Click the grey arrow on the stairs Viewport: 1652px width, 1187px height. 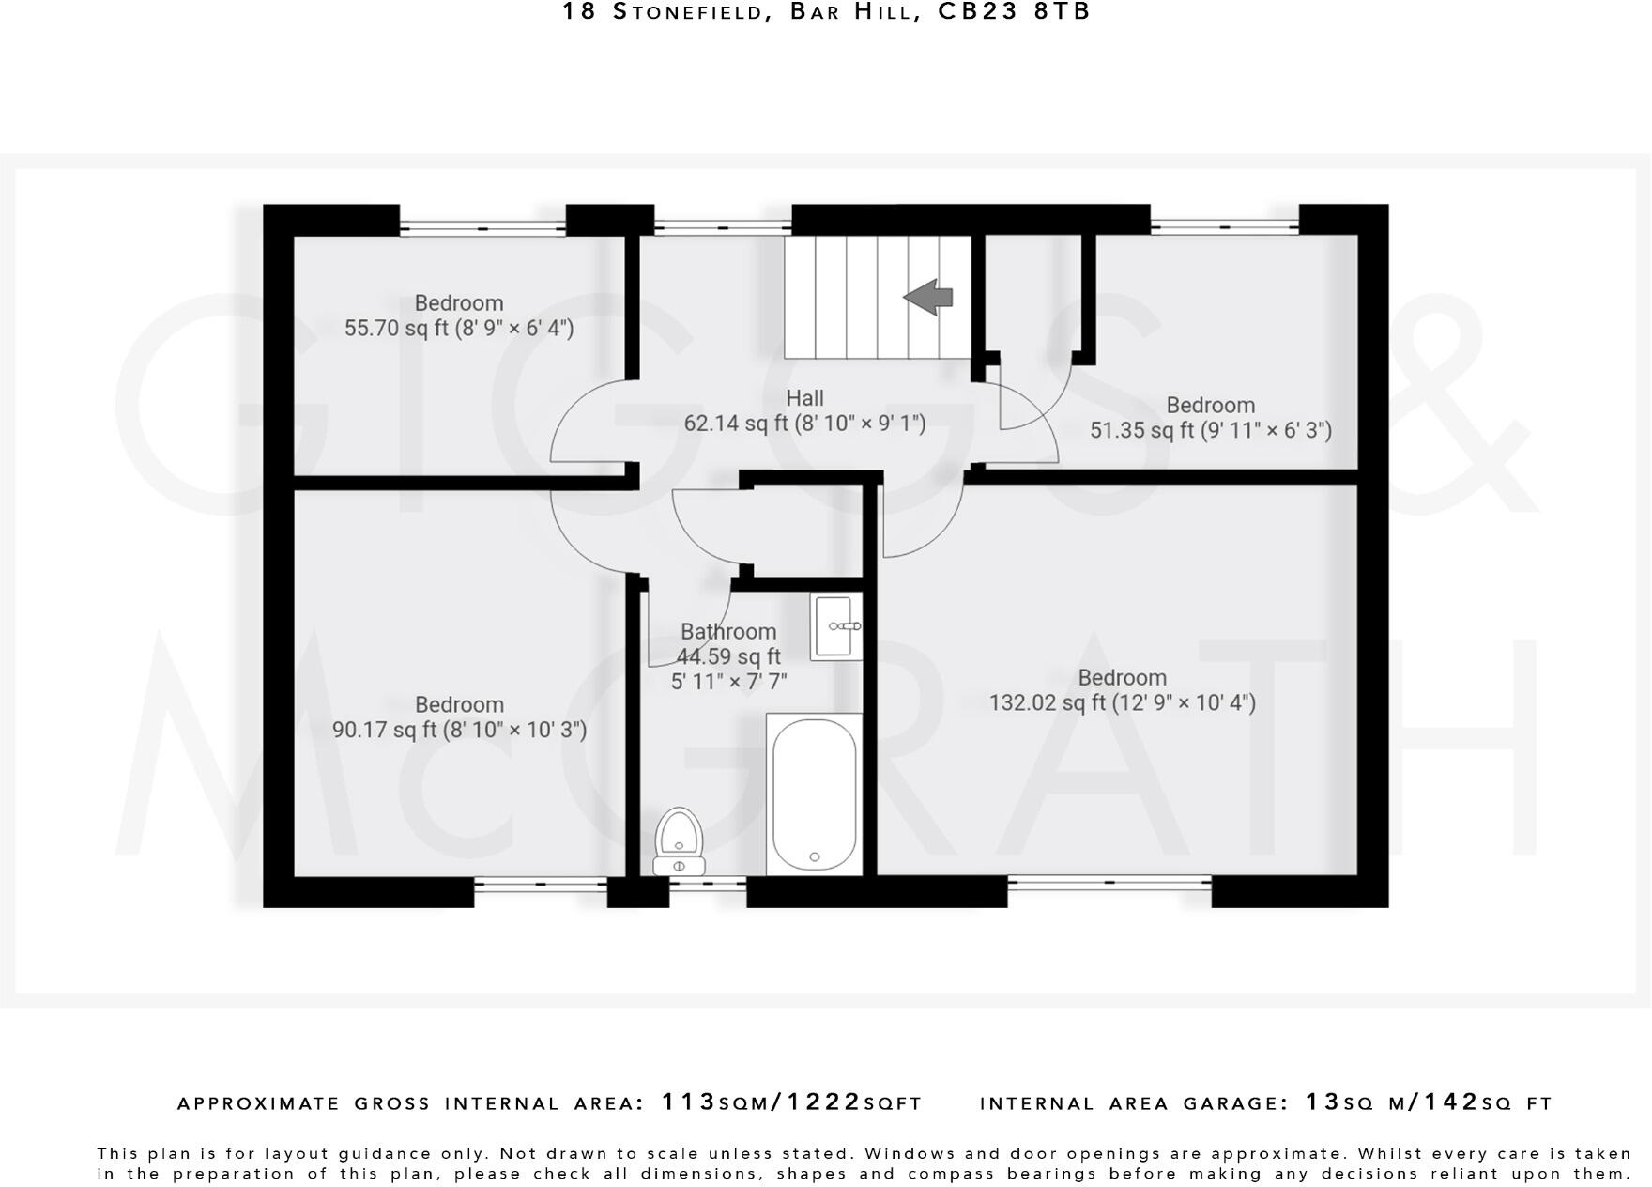[x=928, y=297]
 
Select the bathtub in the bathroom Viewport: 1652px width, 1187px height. [x=814, y=794]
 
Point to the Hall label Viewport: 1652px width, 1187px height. [x=804, y=398]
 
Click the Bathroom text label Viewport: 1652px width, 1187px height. [x=728, y=632]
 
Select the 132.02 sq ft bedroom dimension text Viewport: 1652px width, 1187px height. [x=1122, y=702]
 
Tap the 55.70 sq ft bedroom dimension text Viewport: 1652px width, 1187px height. [x=458, y=328]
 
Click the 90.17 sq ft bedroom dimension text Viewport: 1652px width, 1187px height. [x=459, y=730]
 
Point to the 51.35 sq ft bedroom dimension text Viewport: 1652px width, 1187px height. [x=1210, y=430]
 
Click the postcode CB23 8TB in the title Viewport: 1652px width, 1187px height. [x=1015, y=12]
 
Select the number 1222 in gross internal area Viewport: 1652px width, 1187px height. [x=823, y=1102]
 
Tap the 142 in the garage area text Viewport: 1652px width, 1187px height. [x=1451, y=1102]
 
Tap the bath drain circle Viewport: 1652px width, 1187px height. [x=814, y=856]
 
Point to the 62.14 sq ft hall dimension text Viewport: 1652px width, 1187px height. [x=804, y=424]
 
